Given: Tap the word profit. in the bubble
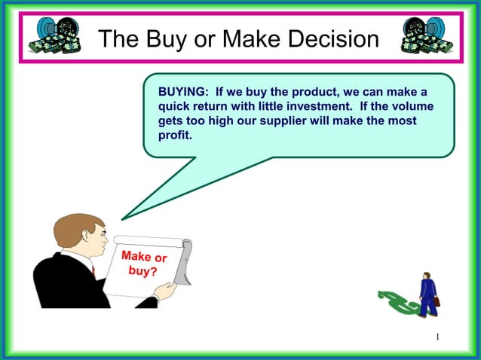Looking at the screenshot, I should (x=176, y=135).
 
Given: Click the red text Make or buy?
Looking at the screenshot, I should (x=143, y=264).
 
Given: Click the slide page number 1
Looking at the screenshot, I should (x=437, y=336).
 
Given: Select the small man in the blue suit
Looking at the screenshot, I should (x=427, y=294).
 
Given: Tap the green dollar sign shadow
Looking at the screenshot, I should (x=397, y=302).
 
